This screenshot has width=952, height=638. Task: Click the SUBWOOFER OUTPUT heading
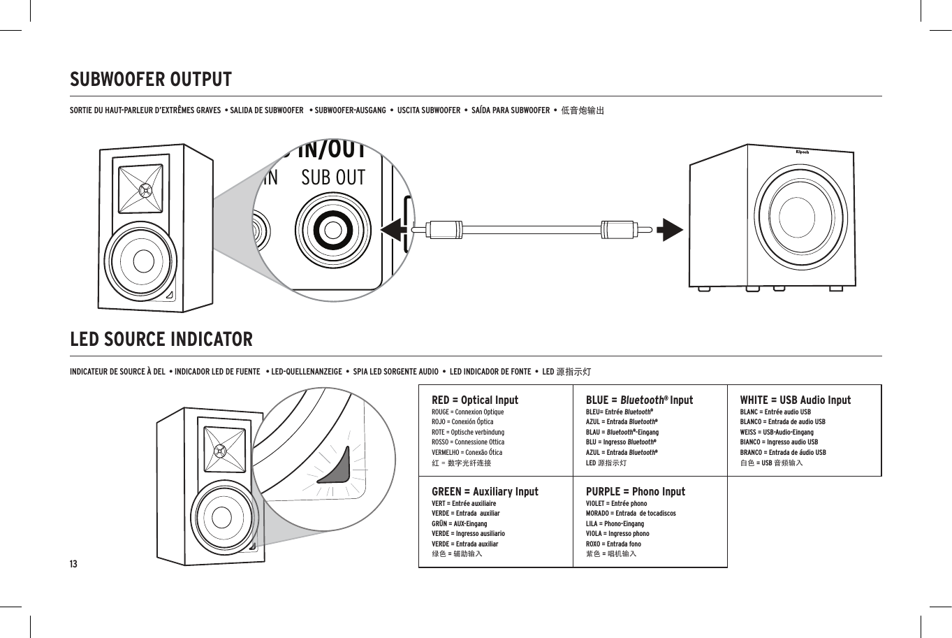(x=150, y=80)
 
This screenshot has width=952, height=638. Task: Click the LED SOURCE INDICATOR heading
(x=161, y=340)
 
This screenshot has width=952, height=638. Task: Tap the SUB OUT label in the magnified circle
(x=333, y=178)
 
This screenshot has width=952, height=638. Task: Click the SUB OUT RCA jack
(x=332, y=230)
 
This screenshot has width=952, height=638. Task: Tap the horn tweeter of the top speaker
(x=144, y=189)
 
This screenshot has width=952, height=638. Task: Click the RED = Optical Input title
(x=475, y=400)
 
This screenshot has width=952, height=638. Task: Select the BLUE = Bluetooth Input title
(x=639, y=400)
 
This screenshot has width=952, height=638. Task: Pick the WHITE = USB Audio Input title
(x=795, y=400)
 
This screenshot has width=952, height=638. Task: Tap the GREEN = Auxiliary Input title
(x=485, y=491)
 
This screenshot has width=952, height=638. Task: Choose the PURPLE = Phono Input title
(x=635, y=491)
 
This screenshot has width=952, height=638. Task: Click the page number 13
(x=73, y=564)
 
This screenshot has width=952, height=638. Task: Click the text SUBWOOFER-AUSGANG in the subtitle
(x=350, y=110)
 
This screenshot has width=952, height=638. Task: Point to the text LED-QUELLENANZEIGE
(x=306, y=371)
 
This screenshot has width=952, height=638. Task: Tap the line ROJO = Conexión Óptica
(x=462, y=422)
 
